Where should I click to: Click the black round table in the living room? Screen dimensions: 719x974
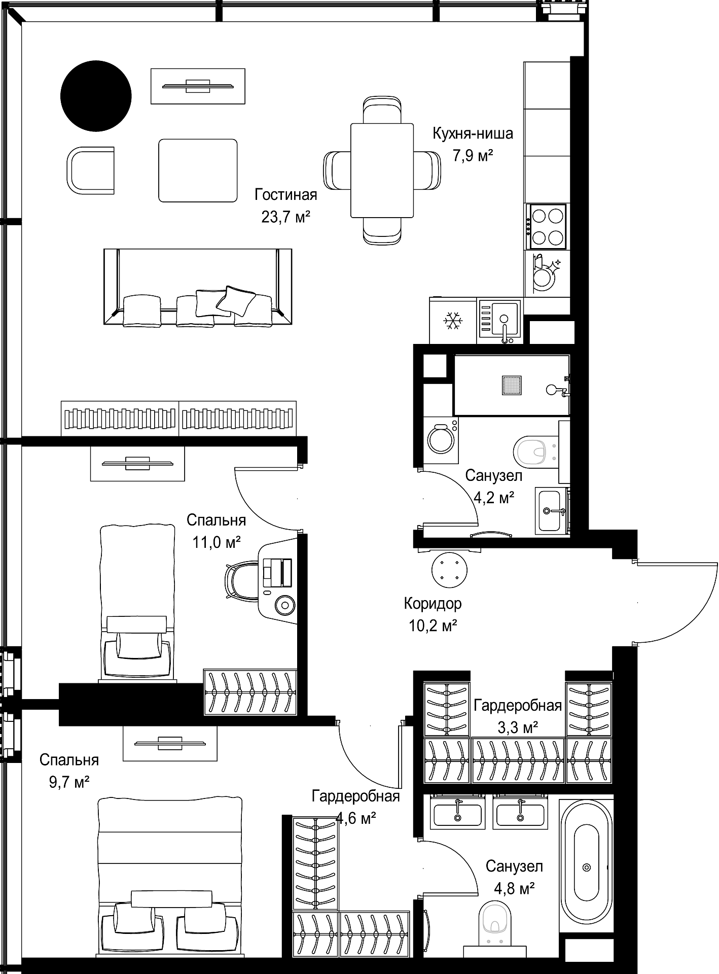(x=96, y=95)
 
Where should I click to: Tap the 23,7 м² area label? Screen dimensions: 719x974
(x=285, y=217)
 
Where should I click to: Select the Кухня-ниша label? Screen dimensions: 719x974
(x=473, y=133)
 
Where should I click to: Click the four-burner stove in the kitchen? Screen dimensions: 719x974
(x=547, y=226)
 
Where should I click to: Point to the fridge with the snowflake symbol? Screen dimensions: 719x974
(x=453, y=321)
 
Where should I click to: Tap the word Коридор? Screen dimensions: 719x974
(x=433, y=604)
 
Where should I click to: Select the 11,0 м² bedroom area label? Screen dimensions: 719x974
(x=216, y=543)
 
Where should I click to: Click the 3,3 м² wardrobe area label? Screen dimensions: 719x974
(x=518, y=728)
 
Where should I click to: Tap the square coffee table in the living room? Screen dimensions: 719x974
(x=198, y=170)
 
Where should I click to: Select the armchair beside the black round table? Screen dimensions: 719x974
(x=91, y=170)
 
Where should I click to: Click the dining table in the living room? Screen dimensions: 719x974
(x=382, y=170)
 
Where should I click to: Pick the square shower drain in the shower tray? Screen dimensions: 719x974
(x=512, y=385)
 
